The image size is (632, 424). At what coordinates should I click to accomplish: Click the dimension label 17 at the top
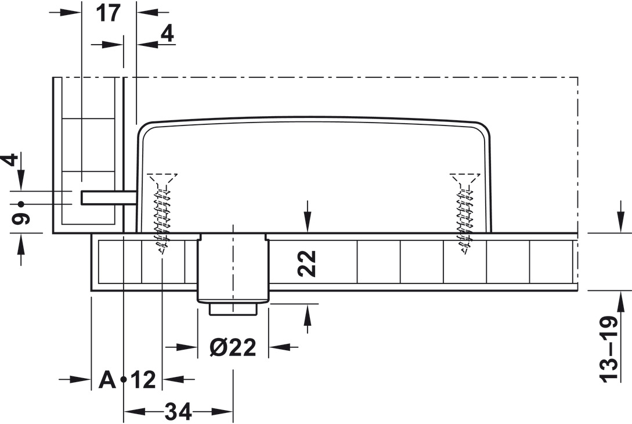click(109, 13)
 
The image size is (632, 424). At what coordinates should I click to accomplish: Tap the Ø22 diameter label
click(233, 347)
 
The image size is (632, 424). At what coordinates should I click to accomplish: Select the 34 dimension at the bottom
click(178, 412)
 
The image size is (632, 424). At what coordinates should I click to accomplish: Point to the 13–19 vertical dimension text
click(609, 350)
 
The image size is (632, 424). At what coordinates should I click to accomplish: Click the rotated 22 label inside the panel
click(308, 264)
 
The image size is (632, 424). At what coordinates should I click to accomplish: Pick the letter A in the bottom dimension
click(107, 379)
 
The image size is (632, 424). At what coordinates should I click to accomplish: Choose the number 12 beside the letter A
click(143, 380)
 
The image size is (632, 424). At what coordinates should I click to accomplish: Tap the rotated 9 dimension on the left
click(21, 220)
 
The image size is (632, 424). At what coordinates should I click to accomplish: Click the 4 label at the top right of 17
click(167, 33)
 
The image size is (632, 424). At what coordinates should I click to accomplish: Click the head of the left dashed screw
click(162, 178)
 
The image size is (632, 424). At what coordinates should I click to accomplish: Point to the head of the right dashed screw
click(465, 178)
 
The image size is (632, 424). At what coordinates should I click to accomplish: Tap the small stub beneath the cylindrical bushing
click(233, 309)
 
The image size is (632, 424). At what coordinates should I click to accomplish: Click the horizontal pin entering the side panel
click(108, 197)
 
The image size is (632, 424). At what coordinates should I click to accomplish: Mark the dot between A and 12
click(124, 380)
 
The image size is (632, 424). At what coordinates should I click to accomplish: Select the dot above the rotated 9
click(21, 204)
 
